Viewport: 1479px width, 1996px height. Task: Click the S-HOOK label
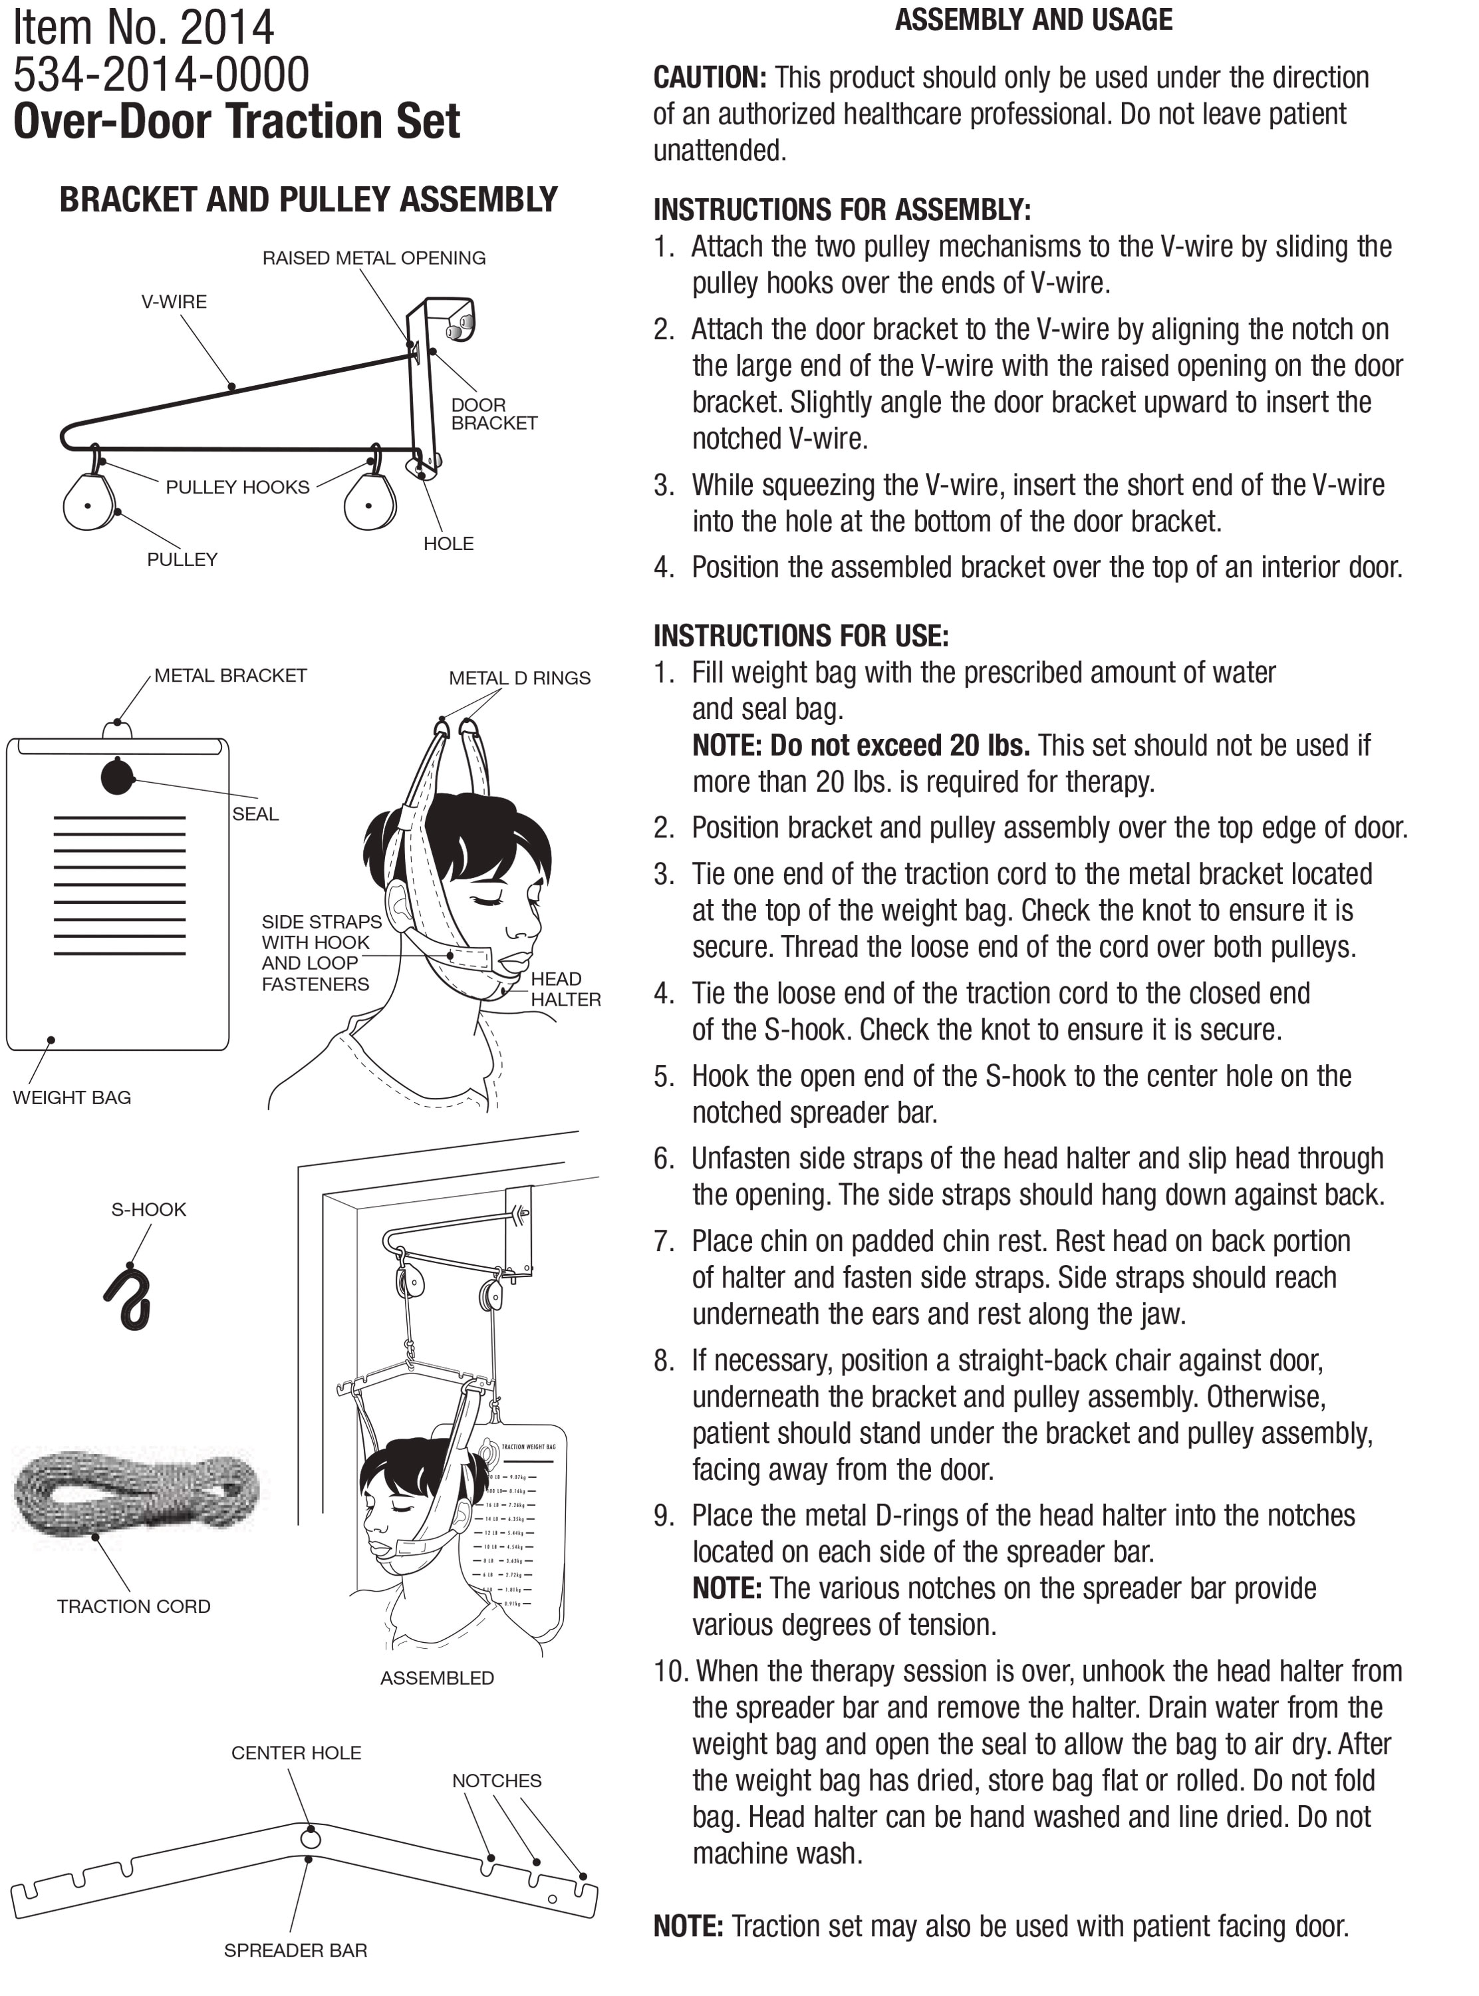(x=148, y=1209)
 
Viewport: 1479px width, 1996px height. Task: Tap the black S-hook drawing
(x=129, y=1298)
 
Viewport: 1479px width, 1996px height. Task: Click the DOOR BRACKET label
(x=493, y=414)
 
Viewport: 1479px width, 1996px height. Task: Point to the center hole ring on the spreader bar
(x=310, y=1838)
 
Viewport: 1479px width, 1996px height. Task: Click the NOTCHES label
(x=496, y=1781)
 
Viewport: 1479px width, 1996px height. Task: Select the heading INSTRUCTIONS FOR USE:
(x=801, y=636)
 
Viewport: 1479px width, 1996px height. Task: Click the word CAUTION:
(x=709, y=78)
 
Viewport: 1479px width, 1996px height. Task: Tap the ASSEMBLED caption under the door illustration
(x=437, y=1677)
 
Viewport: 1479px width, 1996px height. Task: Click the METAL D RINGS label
(x=519, y=678)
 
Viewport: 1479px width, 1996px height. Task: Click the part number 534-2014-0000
(x=161, y=74)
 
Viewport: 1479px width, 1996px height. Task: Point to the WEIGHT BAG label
(x=72, y=1097)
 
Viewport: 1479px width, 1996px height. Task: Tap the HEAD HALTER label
(x=565, y=988)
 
